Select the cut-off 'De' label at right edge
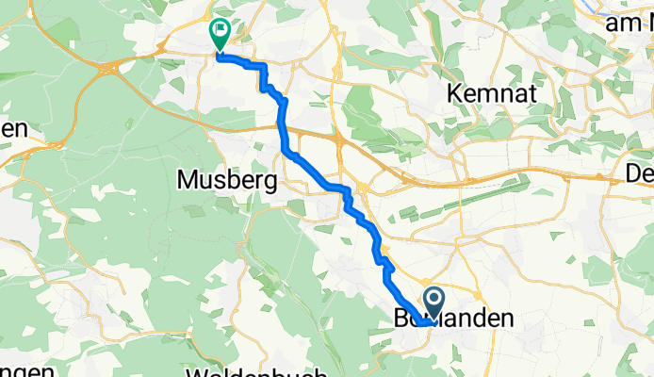pos(640,173)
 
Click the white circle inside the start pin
pos(435,300)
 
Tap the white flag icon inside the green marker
pos(220,31)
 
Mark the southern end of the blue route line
pos(427,323)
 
